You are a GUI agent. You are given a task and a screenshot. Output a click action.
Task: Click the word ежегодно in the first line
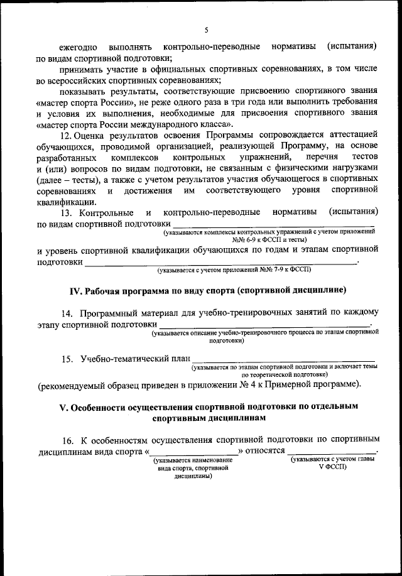tap(78, 47)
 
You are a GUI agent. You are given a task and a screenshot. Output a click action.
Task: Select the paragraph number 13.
tap(65, 212)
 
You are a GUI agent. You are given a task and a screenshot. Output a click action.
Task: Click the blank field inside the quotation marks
tap(193, 452)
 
